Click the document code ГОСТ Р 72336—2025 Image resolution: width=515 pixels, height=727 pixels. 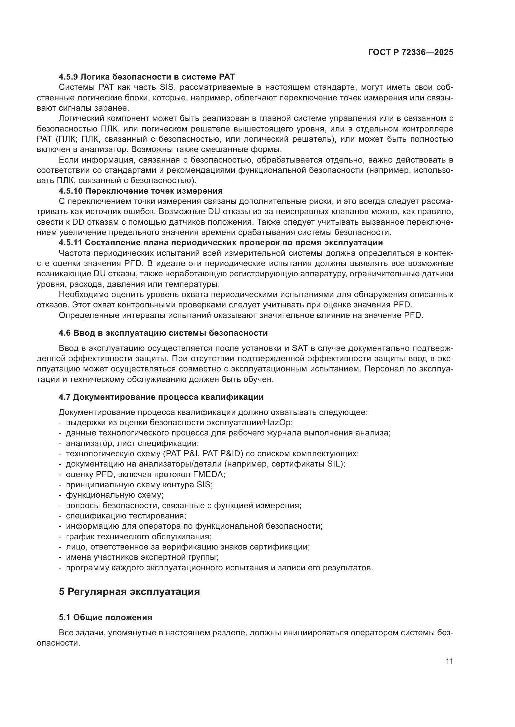click(410, 53)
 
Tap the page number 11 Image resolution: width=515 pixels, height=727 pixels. click(449, 661)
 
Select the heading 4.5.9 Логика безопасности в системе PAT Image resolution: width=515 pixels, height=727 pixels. click(147, 77)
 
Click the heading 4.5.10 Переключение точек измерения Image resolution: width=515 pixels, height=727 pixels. click(140, 191)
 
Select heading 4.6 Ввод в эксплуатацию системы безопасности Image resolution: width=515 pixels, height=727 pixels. click(163, 333)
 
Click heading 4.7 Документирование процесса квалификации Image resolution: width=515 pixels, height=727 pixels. click(161, 397)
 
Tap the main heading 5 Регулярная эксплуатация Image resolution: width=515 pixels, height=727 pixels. click(130, 591)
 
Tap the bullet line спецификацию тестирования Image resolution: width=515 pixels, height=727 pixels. click(125, 516)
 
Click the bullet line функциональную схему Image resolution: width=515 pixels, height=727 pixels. click(115, 495)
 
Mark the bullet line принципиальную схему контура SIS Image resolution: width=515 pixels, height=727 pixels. click(139, 485)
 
